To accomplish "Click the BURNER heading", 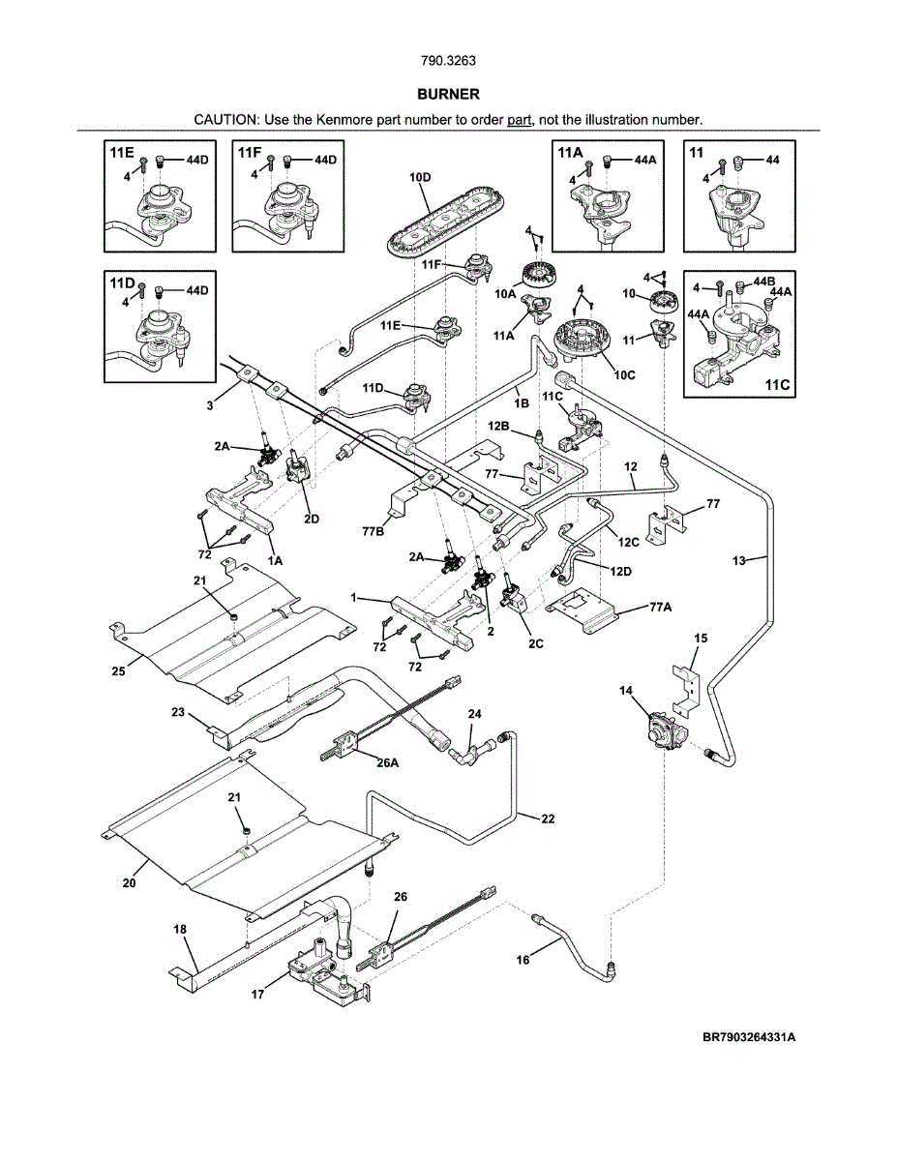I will pyautogui.click(x=448, y=95).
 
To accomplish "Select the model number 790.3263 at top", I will pyautogui.click(x=448, y=61).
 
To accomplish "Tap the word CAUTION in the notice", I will pyautogui.click(x=224, y=120).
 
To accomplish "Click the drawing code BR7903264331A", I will pyautogui.click(x=749, y=1037).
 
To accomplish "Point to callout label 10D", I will pyautogui.click(x=420, y=178).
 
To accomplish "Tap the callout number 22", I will pyautogui.click(x=548, y=819).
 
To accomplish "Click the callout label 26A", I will pyautogui.click(x=387, y=762).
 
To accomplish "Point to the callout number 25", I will pyautogui.click(x=120, y=670).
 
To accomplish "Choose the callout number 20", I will pyautogui.click(x=129, y=881).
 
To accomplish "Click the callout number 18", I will pyautogui.click(x=180, y=928).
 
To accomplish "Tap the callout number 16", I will pyautogui.click(x=523, y=960).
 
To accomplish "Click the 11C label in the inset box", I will pyautogui.click(x=777, y=384).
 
